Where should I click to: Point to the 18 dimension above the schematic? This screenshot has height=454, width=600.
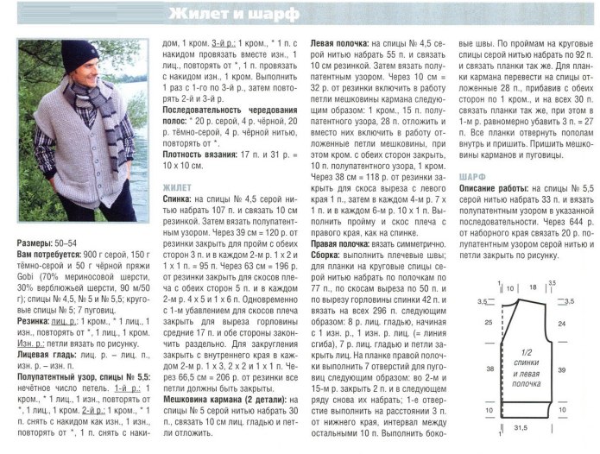[x=533, y=287]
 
